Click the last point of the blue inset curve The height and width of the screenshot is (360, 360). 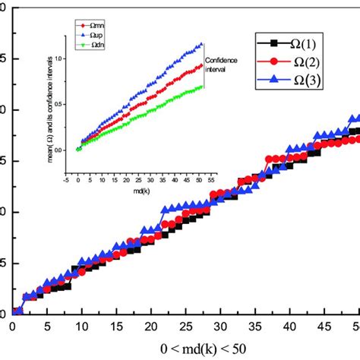coord(202,44)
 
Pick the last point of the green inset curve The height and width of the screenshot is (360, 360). coord(202,87)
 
